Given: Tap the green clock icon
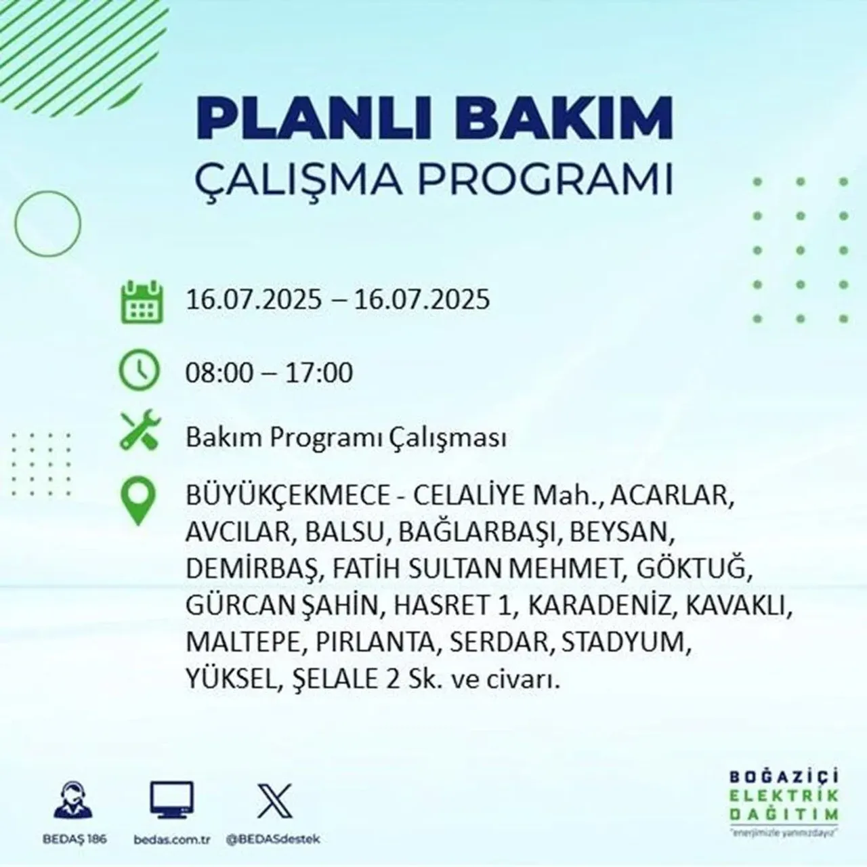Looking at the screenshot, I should click(x=140, y=371).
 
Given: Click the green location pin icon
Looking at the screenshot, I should click(x=138, y=502).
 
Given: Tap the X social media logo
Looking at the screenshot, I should click(x=275, y=801).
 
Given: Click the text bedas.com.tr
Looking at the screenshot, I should click(x=172, y=839).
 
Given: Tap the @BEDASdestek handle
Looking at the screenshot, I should click(x=273, y=839).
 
